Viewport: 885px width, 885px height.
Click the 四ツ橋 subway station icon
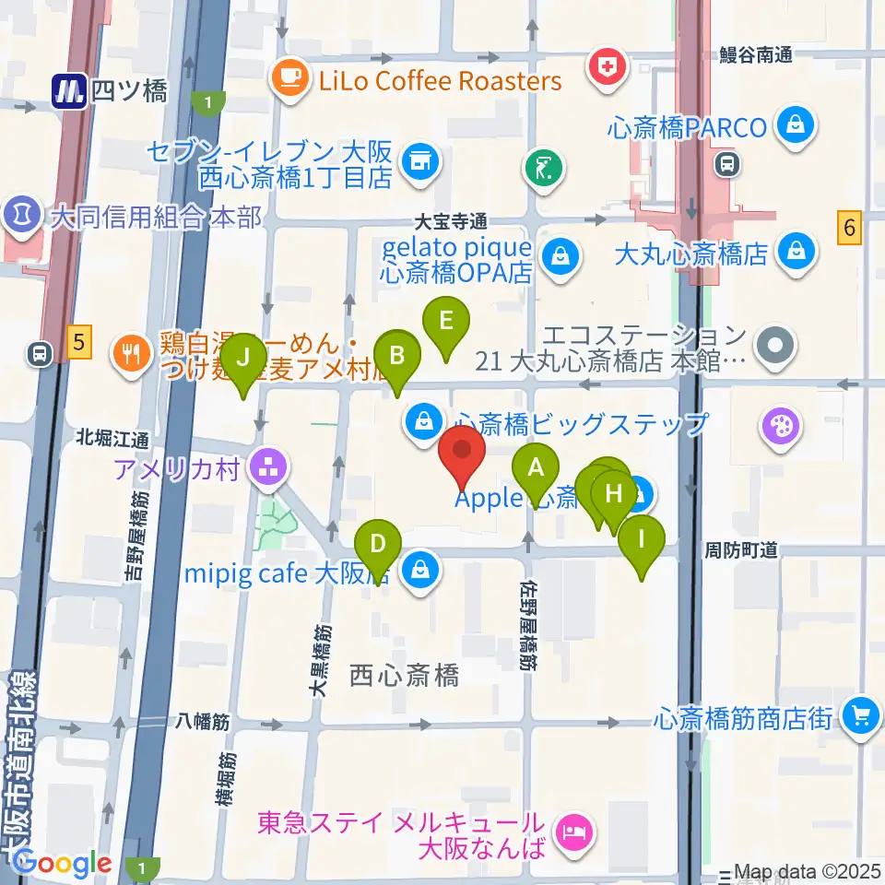[69, 91]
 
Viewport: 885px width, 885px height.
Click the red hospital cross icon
[608, 67]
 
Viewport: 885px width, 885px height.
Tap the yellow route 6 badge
[850, 227]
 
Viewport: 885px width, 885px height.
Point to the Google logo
[63, 863]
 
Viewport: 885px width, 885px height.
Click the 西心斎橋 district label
[404, 676]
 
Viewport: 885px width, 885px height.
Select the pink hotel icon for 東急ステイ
[574, 835]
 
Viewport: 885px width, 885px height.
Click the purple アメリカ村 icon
[268, 468]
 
